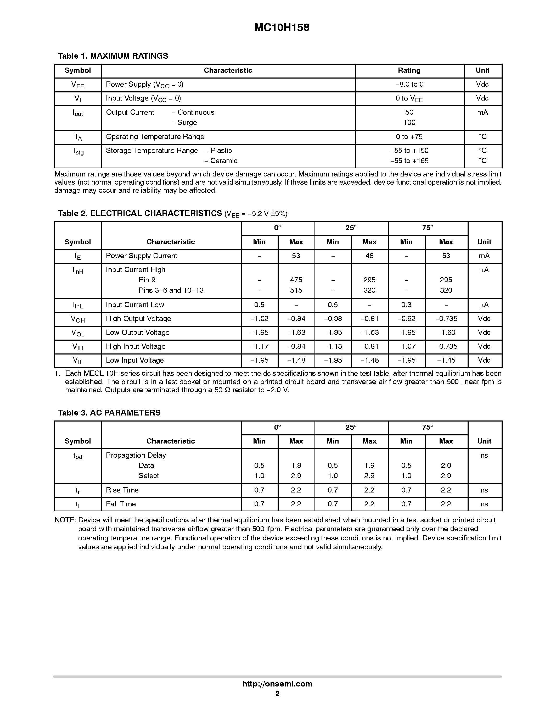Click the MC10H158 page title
tap(282, 28)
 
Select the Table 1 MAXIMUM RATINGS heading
tap(113, 56)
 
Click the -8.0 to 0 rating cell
tap(409, 84)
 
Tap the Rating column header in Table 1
tap(409, 70)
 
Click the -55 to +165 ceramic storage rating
tap(409, 161)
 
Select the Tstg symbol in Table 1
tap(78, 151)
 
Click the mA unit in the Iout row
tap(482, 112)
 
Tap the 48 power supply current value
tap(369, 256)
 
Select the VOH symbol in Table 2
tap(78, 319)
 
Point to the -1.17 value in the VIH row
tap(259, 346)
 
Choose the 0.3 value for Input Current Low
tap(406, 305)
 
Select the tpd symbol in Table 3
tap(78, 456)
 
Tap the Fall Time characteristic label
tap(121, 504)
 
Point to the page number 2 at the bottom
tap(277, 694)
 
